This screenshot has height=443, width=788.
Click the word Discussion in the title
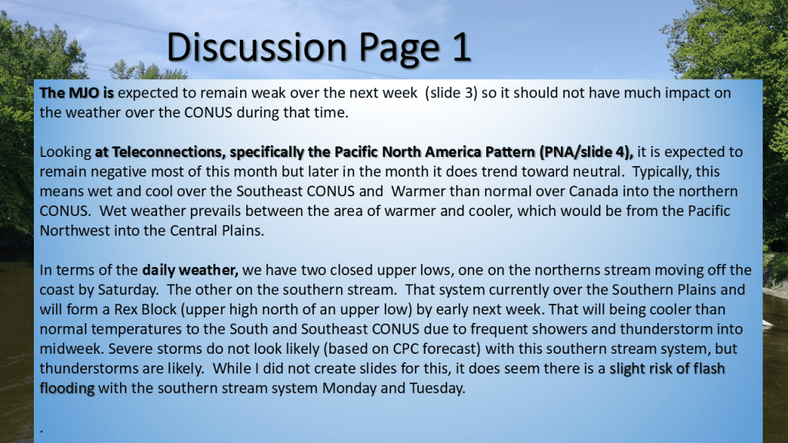click(x=257, y=47)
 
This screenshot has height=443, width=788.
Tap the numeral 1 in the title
click(x=462, y=47)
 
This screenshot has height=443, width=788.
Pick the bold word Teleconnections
click(x=167, y=152)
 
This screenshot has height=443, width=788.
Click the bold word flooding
click(x=67, y=388)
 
